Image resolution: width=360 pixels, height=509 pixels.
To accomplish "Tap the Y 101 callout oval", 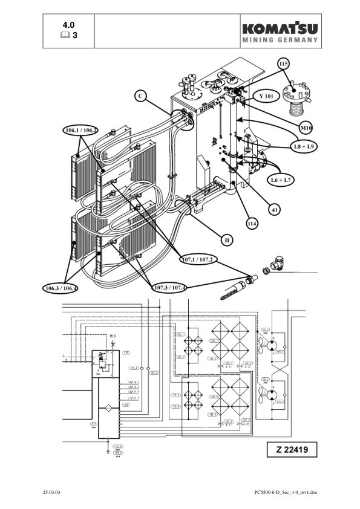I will pos(267,96).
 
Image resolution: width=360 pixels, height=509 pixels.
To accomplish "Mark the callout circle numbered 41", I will pos(275,209).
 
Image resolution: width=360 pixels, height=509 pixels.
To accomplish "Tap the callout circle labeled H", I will pos(226,240).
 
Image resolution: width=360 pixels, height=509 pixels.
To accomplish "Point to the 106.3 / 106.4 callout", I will pos(60,287).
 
